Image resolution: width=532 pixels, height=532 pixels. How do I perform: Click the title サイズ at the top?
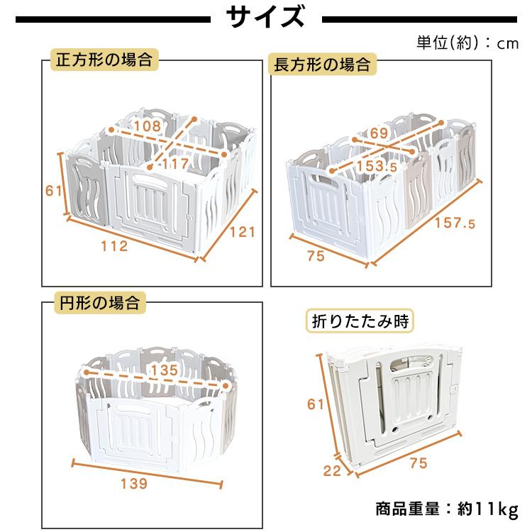pyautogui.click(x=266, y=17)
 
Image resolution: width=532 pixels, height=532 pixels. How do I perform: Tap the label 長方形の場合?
pyautogui.click(x=322, y=65)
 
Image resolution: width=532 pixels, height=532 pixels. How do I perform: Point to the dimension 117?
pyautogui.click(x=175, y=163)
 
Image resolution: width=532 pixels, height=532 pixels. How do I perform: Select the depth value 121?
pyautogui.click(x=241, y=232)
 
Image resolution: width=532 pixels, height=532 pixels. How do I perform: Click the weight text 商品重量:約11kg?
pyautogui.click(x=447, y=509)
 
